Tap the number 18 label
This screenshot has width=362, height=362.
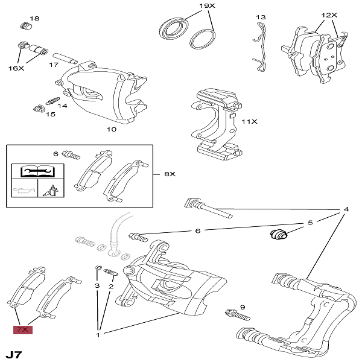pyautogui.click(x=34, y=19)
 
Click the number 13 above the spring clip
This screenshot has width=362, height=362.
pyautogui.click(x=261, y=17)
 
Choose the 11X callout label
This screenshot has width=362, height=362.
pyautogui.click(x=250, y=122)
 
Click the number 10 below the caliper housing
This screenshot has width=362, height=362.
pyautogui.click(x=112, y=129)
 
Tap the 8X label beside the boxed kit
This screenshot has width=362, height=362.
pyautogui.click(x=169, y=174)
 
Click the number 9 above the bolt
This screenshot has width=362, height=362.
pyautogui.click(x=243, y=307)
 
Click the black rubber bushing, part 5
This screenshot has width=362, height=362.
pyautogui.click(x=278, y=233)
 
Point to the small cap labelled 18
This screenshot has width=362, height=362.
pyautogui.click(x=25, y=26)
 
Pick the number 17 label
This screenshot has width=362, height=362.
pyautogui.click(x=54, y=65)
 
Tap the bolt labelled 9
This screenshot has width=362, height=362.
pyautogui.click(x=238, y=315)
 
